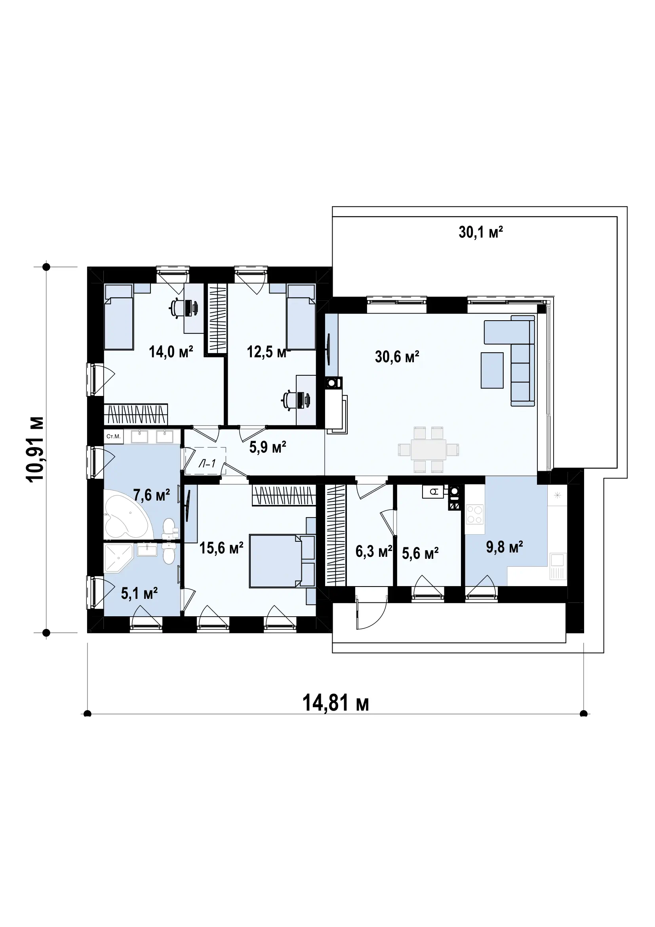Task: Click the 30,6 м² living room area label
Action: pyautogui.click(x=397, y=357)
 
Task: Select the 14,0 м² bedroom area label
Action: pyautogui.click(x=171, y=352)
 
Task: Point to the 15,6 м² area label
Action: pyautogui.click(x=221, y=548)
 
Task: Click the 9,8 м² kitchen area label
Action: pyautogui.click(x=504, y=547)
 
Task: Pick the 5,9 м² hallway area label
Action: pyautogui.click(x=268, y=447)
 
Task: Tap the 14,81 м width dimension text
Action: pyautogui.click(x=335, y=703)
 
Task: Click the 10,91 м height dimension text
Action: pyautogui.click(x=35, y=449)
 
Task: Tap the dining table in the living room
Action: pyautogui.click(x=428, y=449)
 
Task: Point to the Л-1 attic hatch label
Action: pyautogui.click(x=206, y=464)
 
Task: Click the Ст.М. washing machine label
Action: pyautogui.click(x=113, y=436)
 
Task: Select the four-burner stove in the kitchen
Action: pyautogui.click(x=475, y=514)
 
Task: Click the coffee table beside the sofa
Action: pyautogui.click(x=492, y=370)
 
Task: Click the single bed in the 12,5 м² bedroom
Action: pyautogui.click(x=301, y=317)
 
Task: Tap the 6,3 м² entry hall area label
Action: pyautogui.click(x=374, y=552)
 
